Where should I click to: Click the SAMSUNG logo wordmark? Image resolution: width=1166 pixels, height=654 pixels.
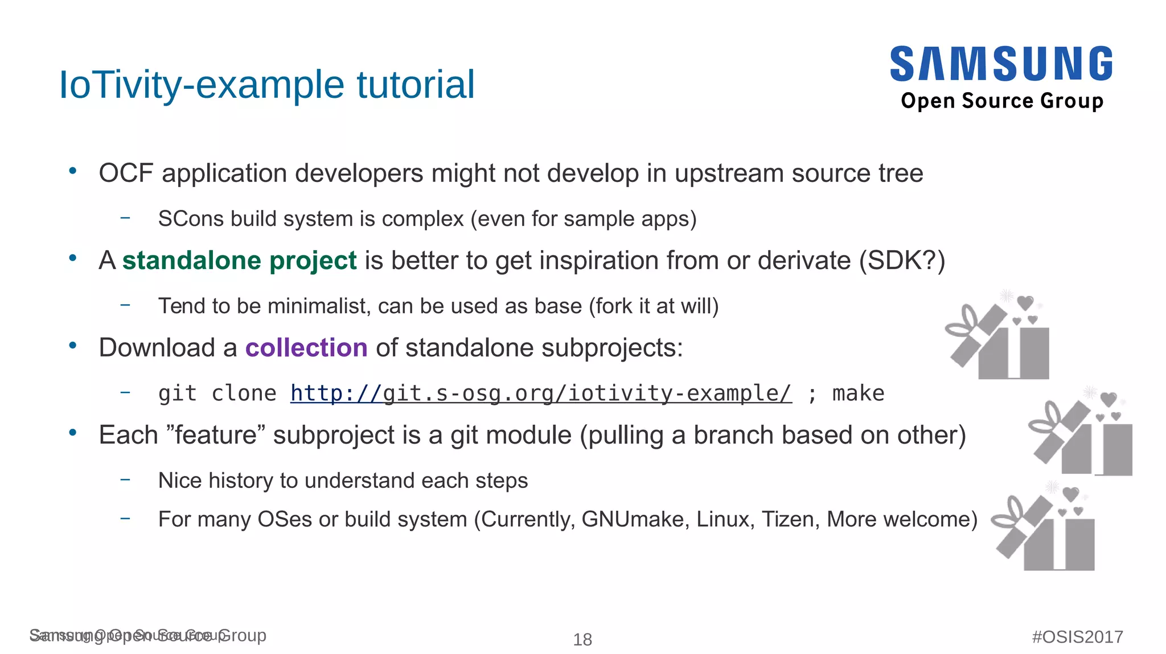pos(1001,64)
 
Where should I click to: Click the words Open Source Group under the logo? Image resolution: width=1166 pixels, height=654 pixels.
pos(1002,101)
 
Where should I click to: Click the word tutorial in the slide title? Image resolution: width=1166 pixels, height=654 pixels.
pos(416,85)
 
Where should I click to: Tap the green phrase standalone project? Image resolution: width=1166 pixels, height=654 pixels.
pos(239,260)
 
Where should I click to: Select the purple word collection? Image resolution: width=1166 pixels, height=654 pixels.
pos(306,347)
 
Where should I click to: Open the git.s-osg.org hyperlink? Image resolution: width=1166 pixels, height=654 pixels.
pos(541,393)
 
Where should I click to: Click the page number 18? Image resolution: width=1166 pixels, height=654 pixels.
pos(582,640)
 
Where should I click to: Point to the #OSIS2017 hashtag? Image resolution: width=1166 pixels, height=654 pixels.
pos(1077,637)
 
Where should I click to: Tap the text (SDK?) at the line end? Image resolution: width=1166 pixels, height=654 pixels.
pos(902,260)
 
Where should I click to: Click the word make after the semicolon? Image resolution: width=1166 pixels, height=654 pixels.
pos(858,393)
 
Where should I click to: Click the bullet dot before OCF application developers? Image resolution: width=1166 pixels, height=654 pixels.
pos(72,171)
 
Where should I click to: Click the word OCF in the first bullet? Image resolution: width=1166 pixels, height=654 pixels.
pos(126,173)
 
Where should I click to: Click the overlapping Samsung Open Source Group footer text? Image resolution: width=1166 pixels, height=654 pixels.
pos(147,636)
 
